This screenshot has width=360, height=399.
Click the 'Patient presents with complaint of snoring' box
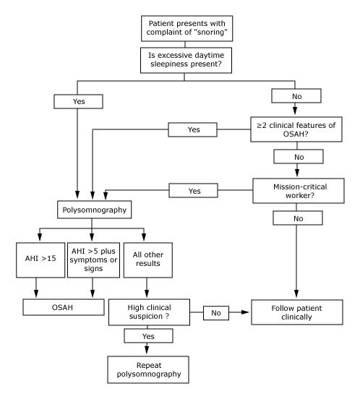(x=187, y=28)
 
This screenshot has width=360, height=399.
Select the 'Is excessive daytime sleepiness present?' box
(x=186, y=60)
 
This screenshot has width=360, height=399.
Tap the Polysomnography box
(x=95, y=210)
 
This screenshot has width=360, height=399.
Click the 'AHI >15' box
(x=40, y=259)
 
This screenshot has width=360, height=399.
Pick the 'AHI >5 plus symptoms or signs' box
(x=93, y=259)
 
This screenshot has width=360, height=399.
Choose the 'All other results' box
(x=147, y=259)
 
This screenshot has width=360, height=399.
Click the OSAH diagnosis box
(x=64, y=307)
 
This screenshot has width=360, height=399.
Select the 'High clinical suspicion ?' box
(x=149, y=312)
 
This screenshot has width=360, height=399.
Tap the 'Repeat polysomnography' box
(x=148, y=369)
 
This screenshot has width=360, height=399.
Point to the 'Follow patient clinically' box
(x=297, y=312)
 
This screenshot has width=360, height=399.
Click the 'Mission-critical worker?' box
(x=299, y=191)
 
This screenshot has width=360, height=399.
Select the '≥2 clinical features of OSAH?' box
(x=296, y=129)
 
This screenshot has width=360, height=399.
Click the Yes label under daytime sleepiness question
(x=78, y=101)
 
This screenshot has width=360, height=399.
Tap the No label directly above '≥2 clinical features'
(x=296, y=95)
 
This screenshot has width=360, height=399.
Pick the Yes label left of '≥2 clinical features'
(x=192, y=129)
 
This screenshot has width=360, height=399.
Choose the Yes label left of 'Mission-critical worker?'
(x=193, y=190)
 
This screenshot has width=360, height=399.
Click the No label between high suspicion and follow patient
(x=216, y=313)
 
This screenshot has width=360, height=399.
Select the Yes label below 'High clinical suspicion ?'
(x=149, y=336)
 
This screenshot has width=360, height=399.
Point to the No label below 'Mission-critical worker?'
(x=298, y=218)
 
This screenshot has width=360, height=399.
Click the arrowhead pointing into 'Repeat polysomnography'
(x=147, y=349)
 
